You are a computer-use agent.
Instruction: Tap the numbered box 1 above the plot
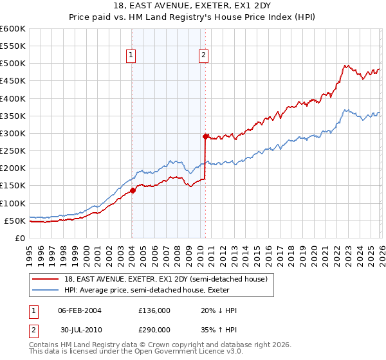point(131,56)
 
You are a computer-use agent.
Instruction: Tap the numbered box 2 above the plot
point(203,56)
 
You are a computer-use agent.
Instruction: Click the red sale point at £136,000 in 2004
point(133,190)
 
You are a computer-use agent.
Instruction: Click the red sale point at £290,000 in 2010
point(205,136)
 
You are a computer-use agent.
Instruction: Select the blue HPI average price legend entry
point(161,290)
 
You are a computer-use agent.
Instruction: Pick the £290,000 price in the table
point(154,330)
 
